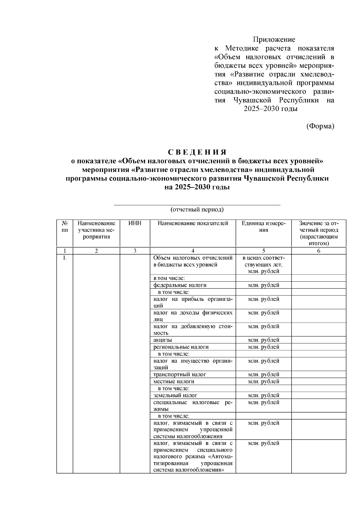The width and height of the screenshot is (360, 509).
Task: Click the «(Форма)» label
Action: [320, 126]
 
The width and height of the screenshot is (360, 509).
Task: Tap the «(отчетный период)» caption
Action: [197, 209]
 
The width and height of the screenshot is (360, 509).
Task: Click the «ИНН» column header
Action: [135, 223]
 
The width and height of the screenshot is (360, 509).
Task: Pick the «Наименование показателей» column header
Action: [193, 223]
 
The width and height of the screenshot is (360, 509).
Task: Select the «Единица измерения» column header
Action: [263, 227]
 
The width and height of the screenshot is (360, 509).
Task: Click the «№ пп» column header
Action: [64, 227]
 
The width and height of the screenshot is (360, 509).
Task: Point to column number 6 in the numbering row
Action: [319, 251]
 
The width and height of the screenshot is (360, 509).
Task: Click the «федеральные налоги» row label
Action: [180, 285]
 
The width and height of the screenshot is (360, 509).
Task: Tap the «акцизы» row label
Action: [163, 340]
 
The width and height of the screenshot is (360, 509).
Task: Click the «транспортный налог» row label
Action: [180, 375]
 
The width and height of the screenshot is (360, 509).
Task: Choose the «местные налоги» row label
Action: [174, 382]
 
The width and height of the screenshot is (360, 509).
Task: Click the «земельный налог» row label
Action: [175, 395]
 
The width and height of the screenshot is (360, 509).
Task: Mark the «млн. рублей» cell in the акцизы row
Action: [263, 340]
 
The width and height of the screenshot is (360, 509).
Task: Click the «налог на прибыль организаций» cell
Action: [193, 302]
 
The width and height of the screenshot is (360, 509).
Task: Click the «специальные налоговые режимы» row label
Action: [193, 406]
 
